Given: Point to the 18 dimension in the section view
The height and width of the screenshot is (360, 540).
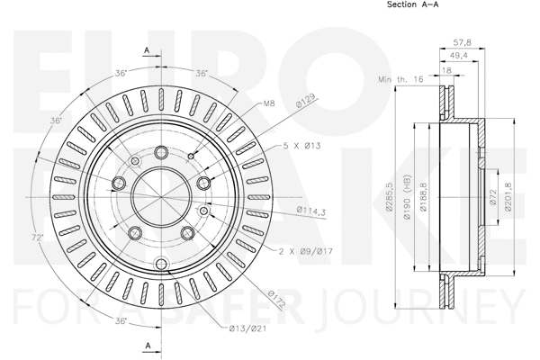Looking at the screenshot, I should coord(447,69).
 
